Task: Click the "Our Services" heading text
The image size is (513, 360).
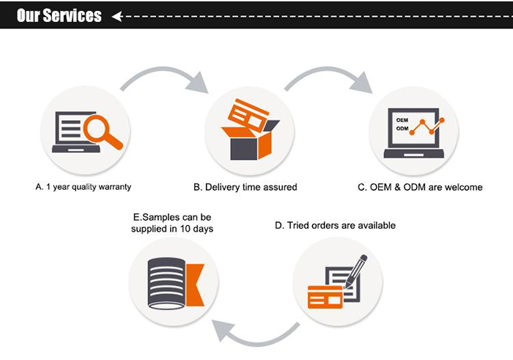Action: click(59, 15)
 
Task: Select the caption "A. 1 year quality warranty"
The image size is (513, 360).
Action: click(84, 187)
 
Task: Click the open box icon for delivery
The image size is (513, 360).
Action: click(249, 144)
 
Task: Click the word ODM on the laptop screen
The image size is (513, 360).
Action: click(402, 128)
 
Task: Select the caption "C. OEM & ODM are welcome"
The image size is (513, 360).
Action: click(420, 187)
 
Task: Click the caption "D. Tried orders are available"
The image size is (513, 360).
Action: click(335, 225)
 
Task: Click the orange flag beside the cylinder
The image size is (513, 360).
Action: click(193, 284)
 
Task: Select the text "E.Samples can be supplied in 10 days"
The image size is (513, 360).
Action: click(173, 223)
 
